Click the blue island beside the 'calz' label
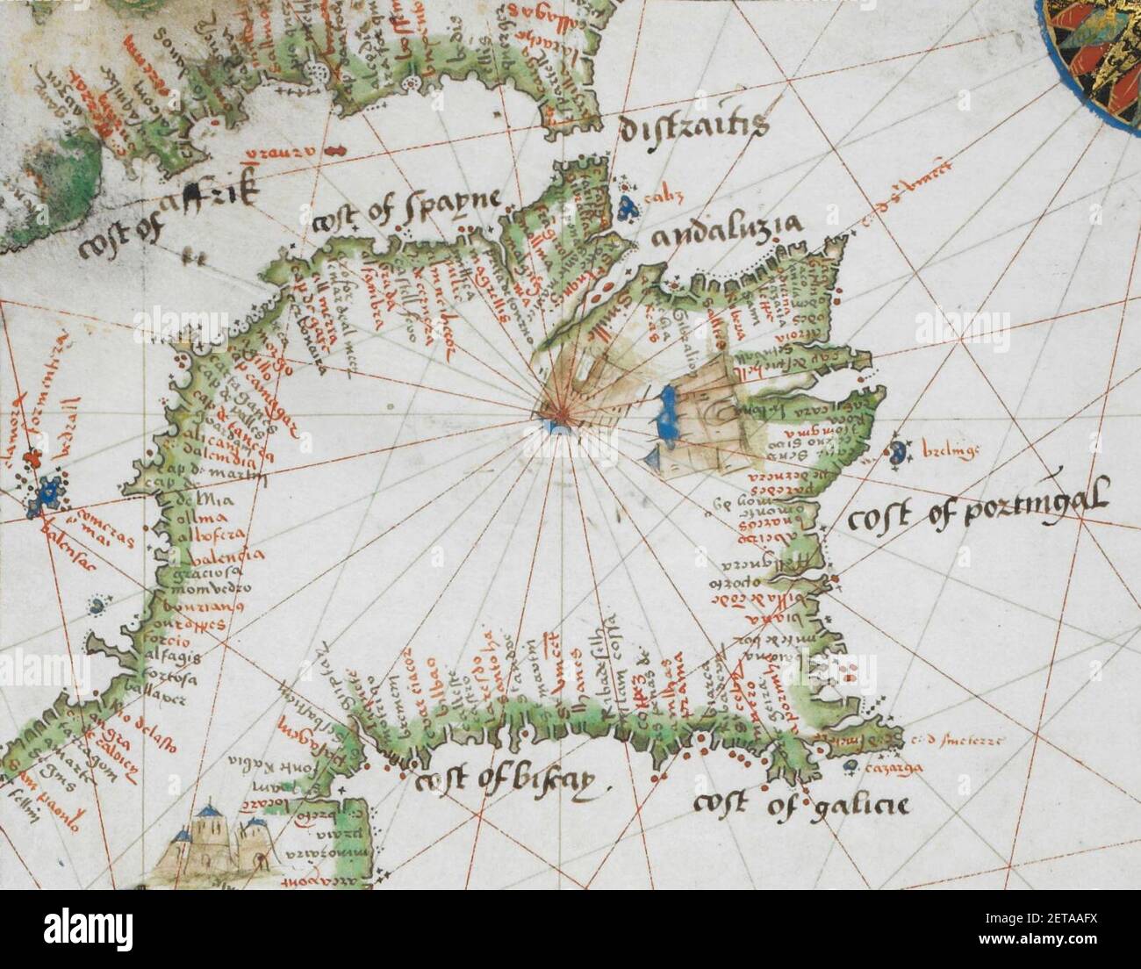(x=626, y=207)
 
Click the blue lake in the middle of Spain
(x=665, y=416)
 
